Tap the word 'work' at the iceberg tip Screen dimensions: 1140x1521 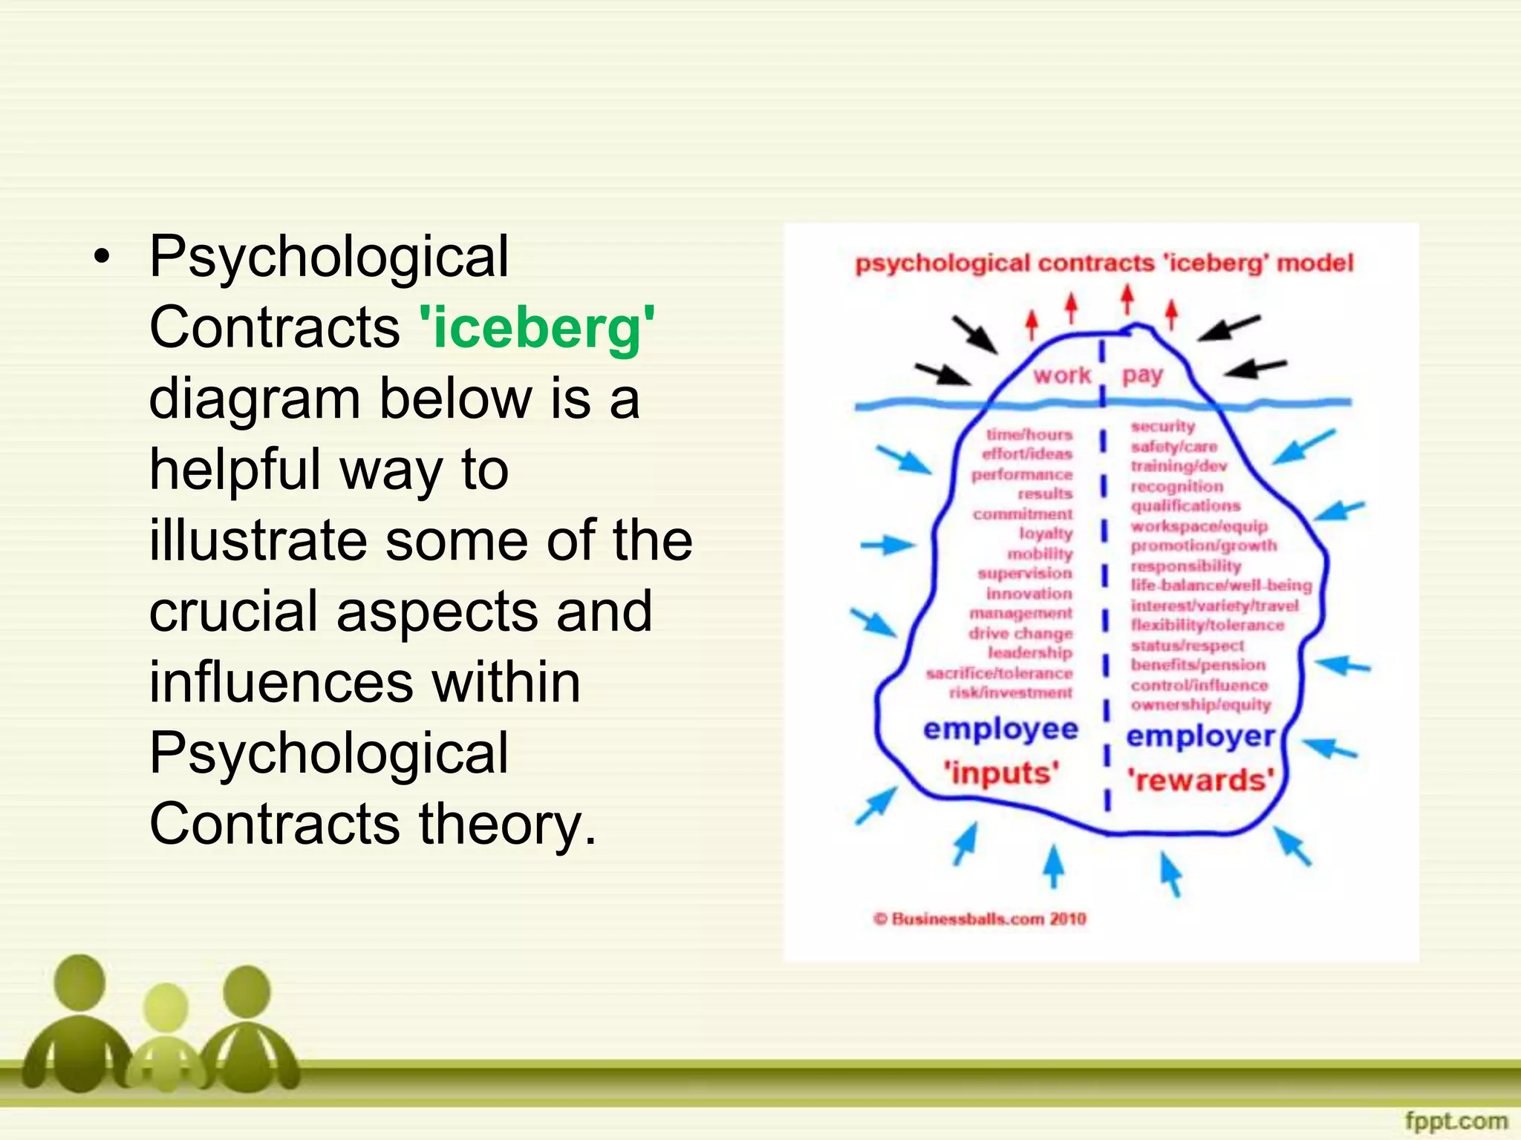click(1062, 376)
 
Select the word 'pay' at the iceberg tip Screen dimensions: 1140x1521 click(1142, 376)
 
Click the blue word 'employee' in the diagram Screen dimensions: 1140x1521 click(1000, 729)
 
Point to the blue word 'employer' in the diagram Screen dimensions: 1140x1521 click(1200, 736)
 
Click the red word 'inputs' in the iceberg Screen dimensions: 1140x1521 click(1001, 773)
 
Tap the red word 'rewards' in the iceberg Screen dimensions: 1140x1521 click(1200, 780)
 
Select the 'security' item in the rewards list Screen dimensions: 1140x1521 click(1162, 426)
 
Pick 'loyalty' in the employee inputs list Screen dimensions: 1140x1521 click(1046, 533)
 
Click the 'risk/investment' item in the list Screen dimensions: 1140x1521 click(1011, 692)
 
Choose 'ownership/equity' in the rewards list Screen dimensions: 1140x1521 click(1200, 704)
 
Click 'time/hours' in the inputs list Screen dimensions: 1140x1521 click(1029, 434)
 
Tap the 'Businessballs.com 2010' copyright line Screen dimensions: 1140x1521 click(980, 919)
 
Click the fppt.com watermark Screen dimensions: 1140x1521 click(1456, 1120)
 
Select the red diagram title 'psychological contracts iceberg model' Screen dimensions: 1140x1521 click(1104, 263)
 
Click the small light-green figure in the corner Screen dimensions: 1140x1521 click(165, 1039)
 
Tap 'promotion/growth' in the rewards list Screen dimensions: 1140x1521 click(1203, 546)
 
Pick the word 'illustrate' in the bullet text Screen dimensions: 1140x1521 click(258, 540)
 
